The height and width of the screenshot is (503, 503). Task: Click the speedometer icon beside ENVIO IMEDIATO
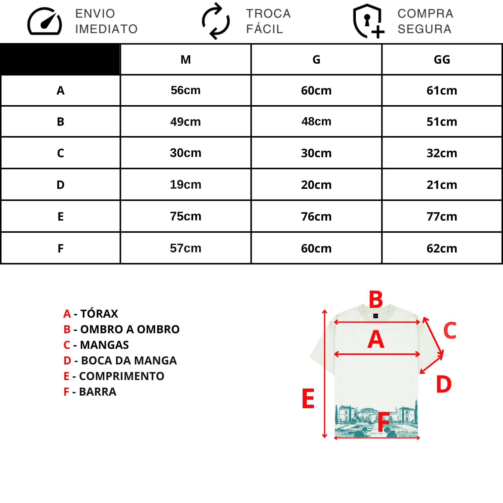[x=45, y=21]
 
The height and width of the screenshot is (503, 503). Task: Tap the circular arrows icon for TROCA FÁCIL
[x=216, y=21]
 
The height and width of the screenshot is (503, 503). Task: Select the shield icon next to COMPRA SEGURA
[x=368, y=21]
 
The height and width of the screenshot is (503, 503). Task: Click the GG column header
[x=442, y=60]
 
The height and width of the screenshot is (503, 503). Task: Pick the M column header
[x=186, y=60]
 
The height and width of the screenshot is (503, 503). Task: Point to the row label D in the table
[x=60, y=185]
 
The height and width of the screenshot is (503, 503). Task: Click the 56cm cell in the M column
[x=186, y=90]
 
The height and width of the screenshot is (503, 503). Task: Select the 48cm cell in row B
[x=316, y=121]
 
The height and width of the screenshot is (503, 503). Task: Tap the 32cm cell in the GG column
[x=442, y=153]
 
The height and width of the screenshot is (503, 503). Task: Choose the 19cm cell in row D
[x=186, y=185]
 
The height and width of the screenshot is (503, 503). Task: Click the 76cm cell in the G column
[x=316, y=217]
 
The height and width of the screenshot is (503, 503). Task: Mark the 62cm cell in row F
[x=442, y=248]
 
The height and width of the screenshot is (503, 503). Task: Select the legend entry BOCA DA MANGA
[x=120, y=361]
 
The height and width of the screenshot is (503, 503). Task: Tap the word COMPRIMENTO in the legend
[x=121, y=376]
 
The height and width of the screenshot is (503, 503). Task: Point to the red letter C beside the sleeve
[x=450, y=330]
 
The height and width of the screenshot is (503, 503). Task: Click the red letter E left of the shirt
[x=308, y=399]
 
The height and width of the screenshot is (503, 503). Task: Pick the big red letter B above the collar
[x=376, y=299]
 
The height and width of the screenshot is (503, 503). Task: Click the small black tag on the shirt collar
[x=376, y=316]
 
